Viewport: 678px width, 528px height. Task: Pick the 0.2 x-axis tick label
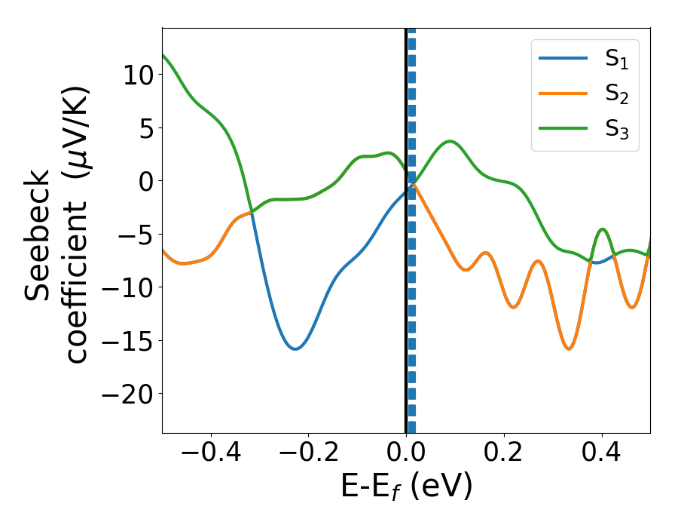[504, 456]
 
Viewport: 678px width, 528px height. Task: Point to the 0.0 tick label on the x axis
[406, 456]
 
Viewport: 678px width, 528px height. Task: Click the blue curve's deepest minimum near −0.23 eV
[295, 348]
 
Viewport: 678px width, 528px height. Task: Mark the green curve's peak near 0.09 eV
[450, 141]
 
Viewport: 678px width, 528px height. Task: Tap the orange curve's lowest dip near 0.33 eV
[569, 348]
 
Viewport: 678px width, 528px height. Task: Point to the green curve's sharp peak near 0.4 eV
[602, 229]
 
